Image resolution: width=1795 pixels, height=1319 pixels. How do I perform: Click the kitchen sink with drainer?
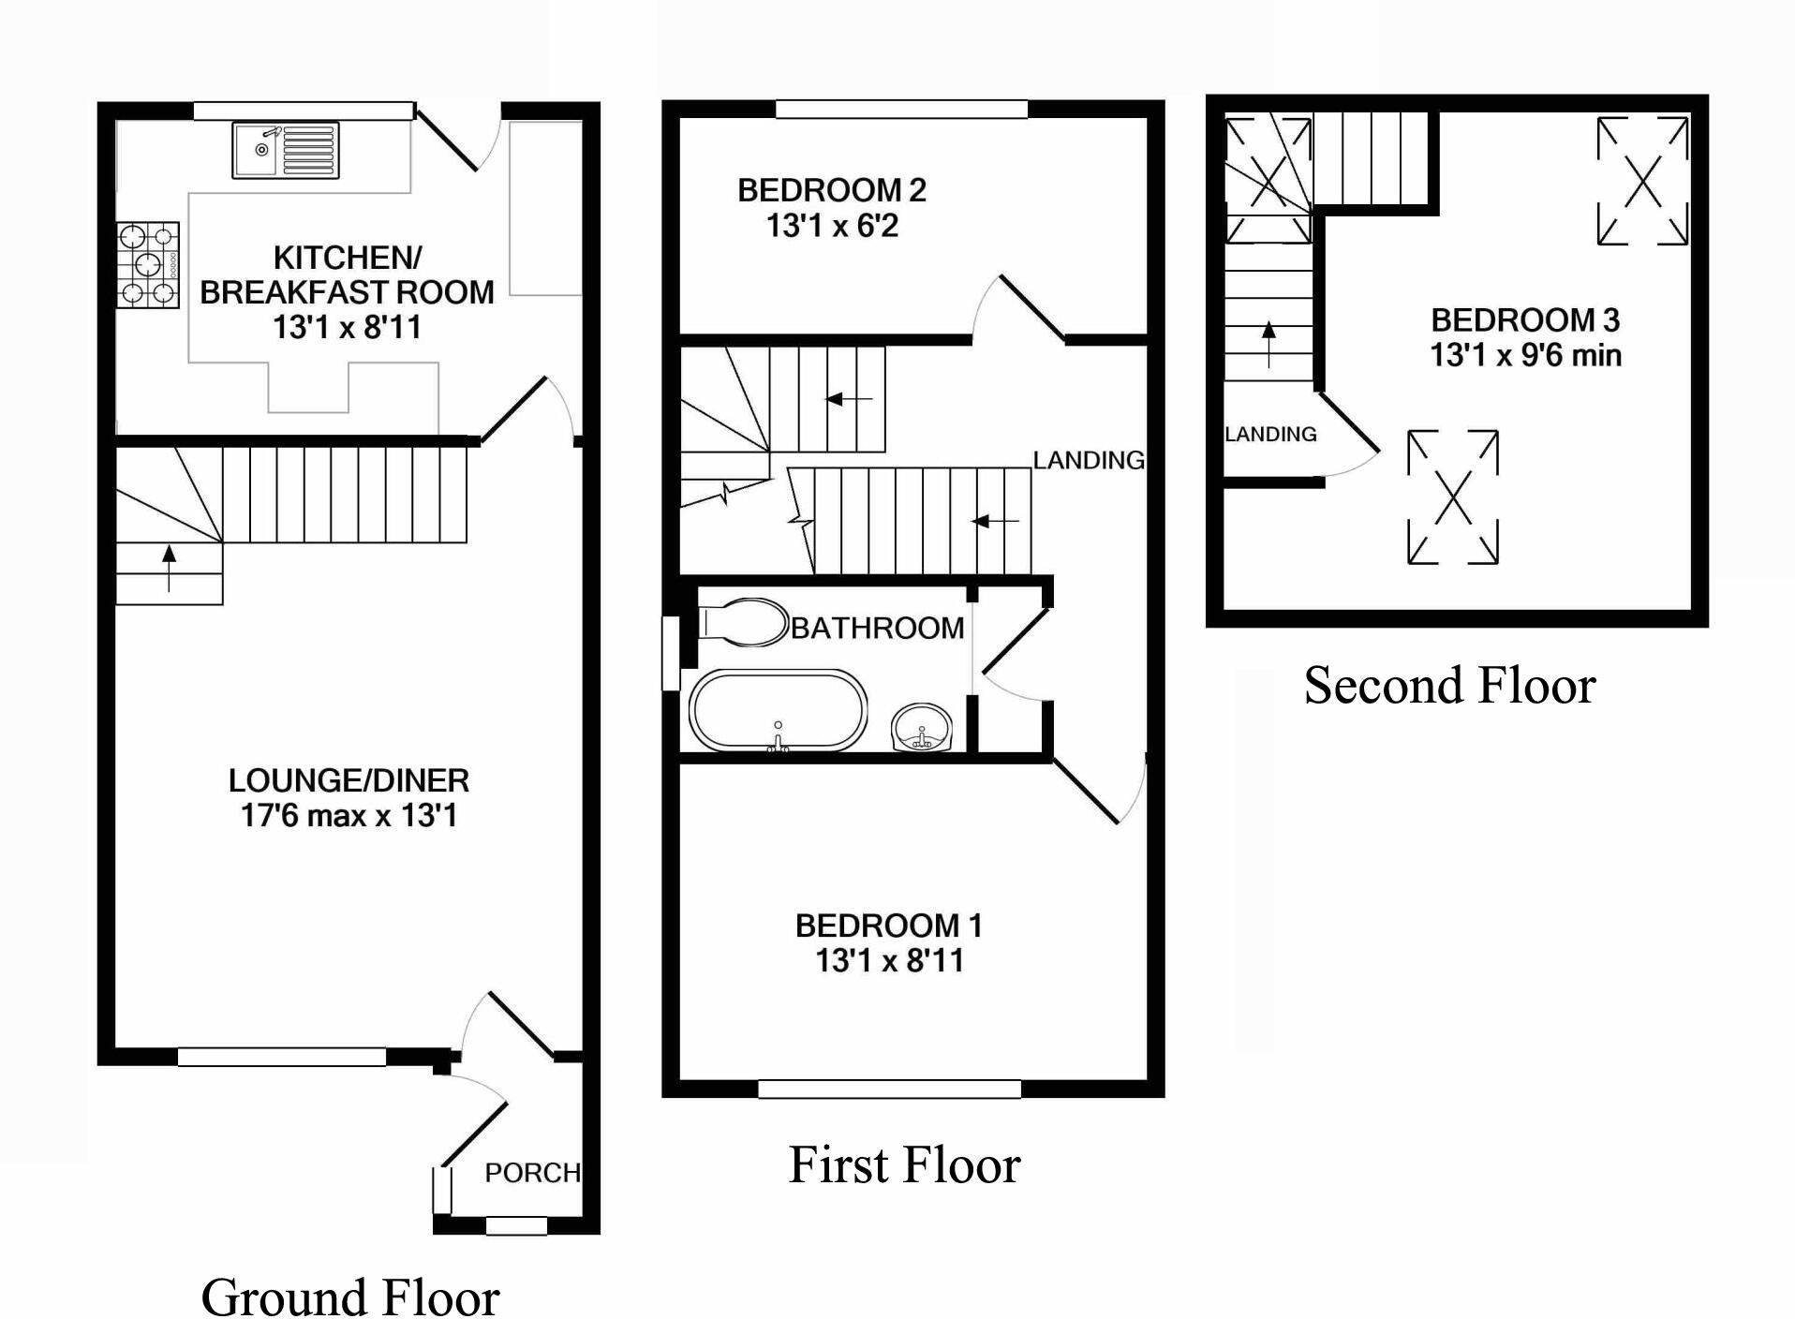pyautogui.click(x=285, y=150)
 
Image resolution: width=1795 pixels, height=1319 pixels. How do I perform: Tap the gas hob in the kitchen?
pyautogui.click(x=148, y=265)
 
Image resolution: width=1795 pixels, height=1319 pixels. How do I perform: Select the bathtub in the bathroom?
pyautogui.click(x=778, y=710)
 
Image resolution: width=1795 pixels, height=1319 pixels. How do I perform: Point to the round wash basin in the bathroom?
pyautogui.click(x=922, y=729)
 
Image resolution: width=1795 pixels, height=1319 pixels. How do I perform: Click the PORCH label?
pyautogui.click(x=531, y=1173)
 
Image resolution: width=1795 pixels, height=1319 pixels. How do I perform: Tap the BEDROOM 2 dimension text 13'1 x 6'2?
pyautogui.click(x=832, y=227)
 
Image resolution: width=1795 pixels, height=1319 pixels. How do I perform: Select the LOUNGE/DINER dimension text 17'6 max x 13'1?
pyautogui.click(x=349, y=816)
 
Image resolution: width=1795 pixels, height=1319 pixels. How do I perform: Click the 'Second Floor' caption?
pyautogui.click(x=1448, y=686)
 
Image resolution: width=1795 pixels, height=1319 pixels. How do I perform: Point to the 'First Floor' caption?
pyautogui.click(x=904, y=1165)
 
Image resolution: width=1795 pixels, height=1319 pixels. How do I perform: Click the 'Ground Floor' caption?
pyautogui.click(x=349, y=1297)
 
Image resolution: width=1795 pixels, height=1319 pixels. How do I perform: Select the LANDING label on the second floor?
pyautogui.click(x=1270, y=435)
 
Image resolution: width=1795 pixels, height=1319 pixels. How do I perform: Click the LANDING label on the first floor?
pyautogui.click(x=1089, y=460)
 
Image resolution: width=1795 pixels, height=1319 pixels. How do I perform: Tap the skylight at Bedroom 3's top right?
pyautogui.click(x=1641, y=180)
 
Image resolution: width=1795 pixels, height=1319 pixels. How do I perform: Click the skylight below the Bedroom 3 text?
pyautogui.click(x=1452, y=496)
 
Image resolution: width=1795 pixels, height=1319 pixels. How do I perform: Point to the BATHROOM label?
pyautogui.click(x=877, y=628)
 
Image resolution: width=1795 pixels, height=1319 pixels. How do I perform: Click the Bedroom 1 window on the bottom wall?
pyautogui.click(x=888, y=1089)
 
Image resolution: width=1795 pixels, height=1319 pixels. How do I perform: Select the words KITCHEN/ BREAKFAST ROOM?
pyautogui.click(x=347, y=274)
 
